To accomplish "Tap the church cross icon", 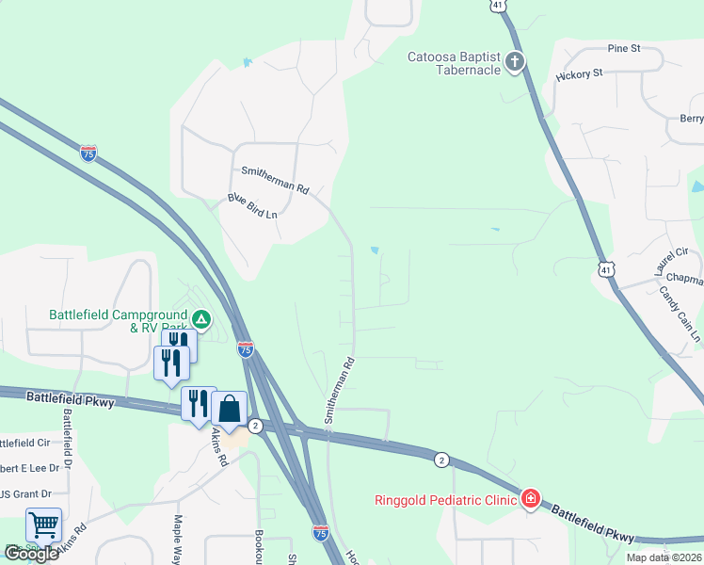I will [x=514, y=63].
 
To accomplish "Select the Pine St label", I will [x=623, y=47].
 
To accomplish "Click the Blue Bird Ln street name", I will [x=252, y=206].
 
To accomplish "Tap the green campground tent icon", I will [x=201, y=319].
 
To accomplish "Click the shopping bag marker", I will [x=230, y=409].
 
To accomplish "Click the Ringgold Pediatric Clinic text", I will [x=445, y=499].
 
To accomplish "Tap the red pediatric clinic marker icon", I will [x=531, y=498].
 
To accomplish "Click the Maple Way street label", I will [x=178, y=537].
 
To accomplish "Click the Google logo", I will [x=30, y=553].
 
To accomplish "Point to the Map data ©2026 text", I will [x=663, y=557].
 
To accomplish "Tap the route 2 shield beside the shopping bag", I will [x=256, y=427].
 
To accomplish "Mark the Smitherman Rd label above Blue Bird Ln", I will [x=275, y=179].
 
